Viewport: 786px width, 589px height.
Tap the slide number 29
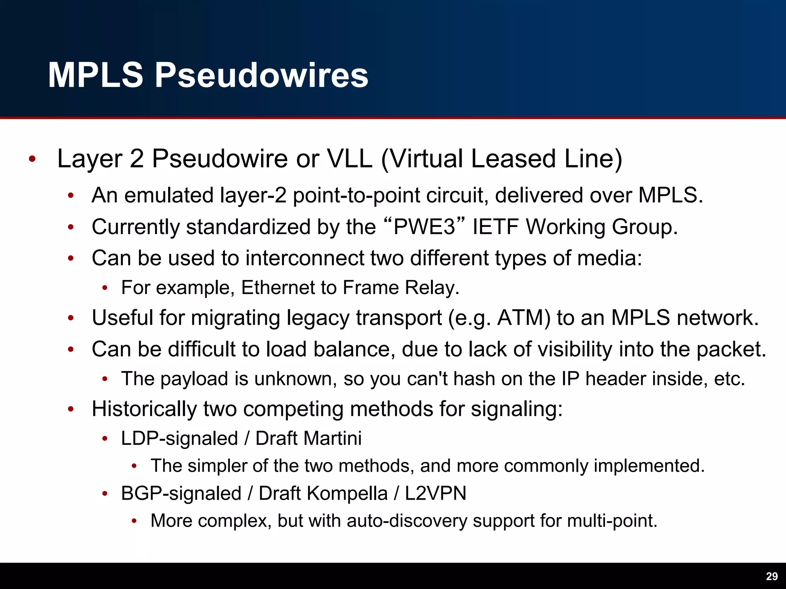click(x=771, y=576)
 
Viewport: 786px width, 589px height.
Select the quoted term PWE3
click(x=424, y=227)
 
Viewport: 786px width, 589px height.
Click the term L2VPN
click(x=436, y=494)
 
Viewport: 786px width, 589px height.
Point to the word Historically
click(x=144, y=409)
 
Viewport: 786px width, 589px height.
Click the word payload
click(x=194, y=379)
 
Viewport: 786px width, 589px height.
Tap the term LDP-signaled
click(x=179, y=438)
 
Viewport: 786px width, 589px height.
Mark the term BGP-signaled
click(x=181, y=494)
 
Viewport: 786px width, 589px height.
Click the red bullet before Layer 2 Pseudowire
click(x=32, y=159)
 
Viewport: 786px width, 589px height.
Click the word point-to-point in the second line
click(x=357, y=195)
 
